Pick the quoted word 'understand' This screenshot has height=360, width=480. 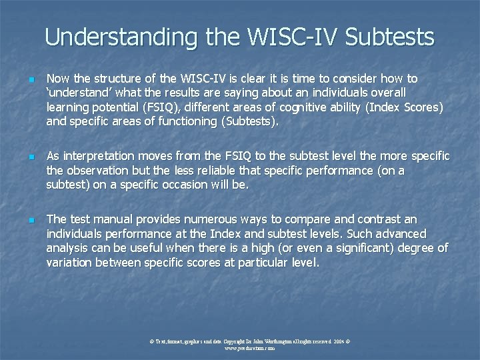[75, 93]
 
